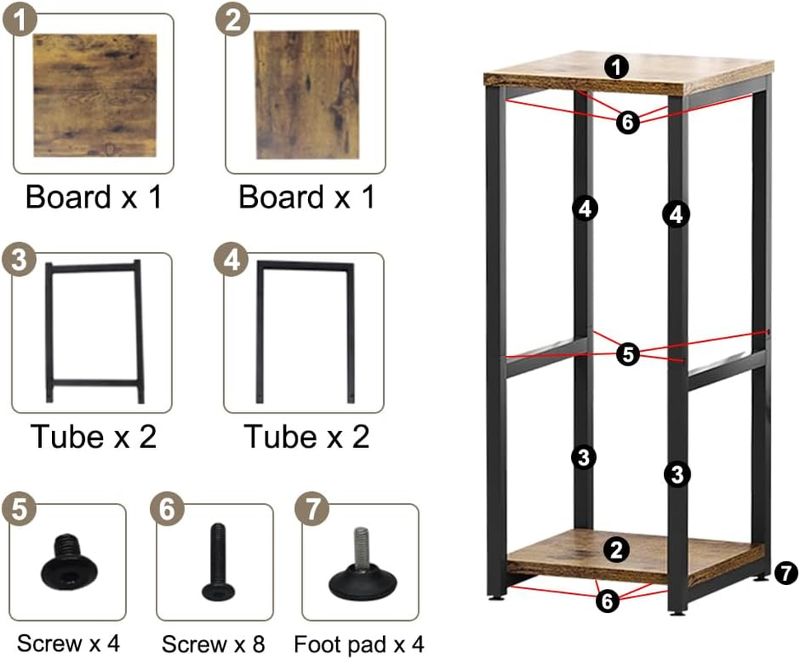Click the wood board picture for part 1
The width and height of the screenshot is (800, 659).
95,96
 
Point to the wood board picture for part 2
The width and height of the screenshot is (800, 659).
306,95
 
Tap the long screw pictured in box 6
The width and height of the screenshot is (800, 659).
218,562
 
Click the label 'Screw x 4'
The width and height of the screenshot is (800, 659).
68,643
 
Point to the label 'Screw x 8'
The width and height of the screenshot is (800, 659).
213,644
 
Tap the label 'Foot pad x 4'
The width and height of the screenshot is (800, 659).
358,644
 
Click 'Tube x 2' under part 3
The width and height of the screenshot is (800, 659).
93,437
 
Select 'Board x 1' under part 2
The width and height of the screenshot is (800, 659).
306,197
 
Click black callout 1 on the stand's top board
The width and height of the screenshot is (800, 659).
616,67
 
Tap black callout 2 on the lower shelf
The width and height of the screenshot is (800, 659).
616,549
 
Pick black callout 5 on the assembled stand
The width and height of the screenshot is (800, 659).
628,354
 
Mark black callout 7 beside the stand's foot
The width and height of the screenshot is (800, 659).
786,573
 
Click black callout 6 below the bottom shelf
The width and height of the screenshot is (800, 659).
607,601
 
